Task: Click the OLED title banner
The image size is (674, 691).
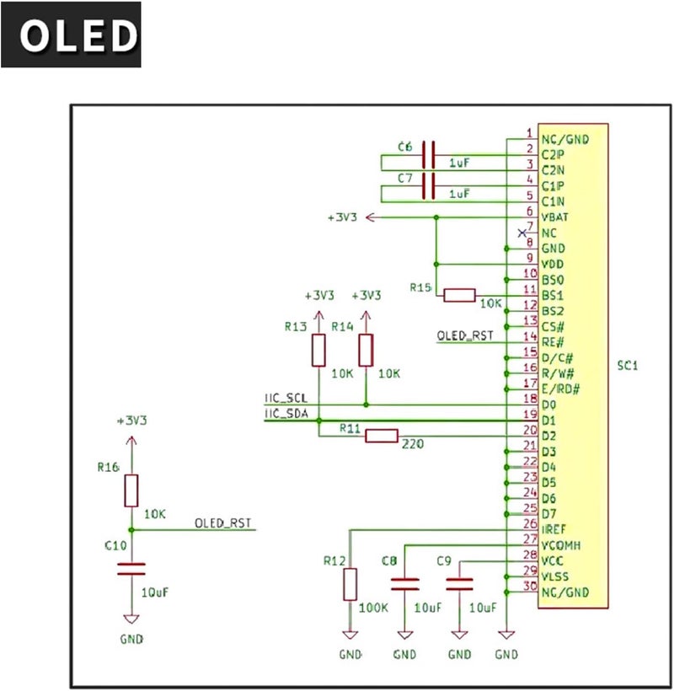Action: point(71,35)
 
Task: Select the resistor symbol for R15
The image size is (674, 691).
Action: point(459,295)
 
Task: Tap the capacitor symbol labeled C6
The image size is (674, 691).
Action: point(429,155)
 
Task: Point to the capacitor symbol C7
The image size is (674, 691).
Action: point(429,186)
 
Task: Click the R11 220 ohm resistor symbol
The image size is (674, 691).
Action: point(382,436)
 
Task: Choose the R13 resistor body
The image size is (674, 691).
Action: point(318,351)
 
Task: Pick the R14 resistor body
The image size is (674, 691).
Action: point(366,351)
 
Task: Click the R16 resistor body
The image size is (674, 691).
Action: point(131,490)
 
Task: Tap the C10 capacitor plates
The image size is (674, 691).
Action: point(131,569)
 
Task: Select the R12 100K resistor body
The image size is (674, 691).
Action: point(350,584)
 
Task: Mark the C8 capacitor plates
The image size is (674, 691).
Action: point(405,584)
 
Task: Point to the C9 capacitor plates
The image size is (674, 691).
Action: point(459,584)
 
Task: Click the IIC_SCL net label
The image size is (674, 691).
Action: point(286,398)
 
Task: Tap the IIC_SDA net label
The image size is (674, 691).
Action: point(286,414)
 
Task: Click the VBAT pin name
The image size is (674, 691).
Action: point(554,217)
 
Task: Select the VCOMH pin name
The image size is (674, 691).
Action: point(561,545)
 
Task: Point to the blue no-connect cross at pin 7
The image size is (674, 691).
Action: point(522,233)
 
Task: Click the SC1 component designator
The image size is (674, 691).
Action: point(628,366)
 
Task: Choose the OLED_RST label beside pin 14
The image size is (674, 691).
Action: point(465,335)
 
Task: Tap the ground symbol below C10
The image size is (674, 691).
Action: point(131,619)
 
